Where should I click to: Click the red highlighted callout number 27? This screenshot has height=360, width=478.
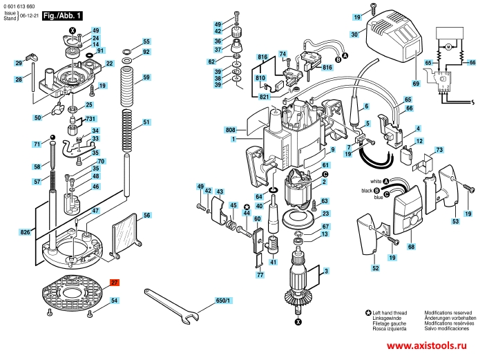click(114, 282)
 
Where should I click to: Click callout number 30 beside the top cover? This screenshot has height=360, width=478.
click(354, 34)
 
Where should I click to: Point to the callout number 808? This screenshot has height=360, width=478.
click(230, 129)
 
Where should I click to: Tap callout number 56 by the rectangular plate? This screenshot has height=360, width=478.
click(146, 216)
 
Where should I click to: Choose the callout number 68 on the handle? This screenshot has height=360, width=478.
click(411, 245)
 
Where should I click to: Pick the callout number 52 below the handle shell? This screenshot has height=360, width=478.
click(375, 267)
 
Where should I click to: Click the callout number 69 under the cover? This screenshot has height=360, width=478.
click(416, 84)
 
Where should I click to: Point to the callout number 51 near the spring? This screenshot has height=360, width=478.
click(146, 122)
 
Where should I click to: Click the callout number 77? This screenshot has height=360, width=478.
click(260, 275)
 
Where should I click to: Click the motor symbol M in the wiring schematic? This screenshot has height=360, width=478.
click(446, 46)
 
